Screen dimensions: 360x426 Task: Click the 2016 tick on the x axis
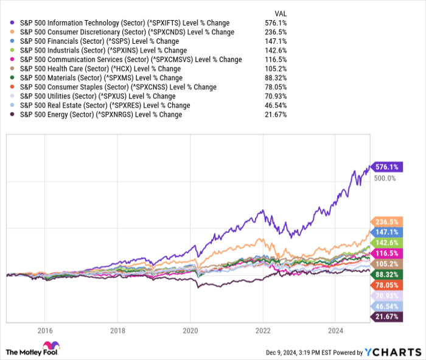(44, 331)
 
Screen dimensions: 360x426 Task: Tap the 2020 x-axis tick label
(190, 331)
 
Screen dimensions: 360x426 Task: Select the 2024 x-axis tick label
(336, 331)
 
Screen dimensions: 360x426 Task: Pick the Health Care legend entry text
(100, 69)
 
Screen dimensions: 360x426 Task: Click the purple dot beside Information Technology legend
(13, 23)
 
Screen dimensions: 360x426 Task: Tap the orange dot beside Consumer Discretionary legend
(13, 32)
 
